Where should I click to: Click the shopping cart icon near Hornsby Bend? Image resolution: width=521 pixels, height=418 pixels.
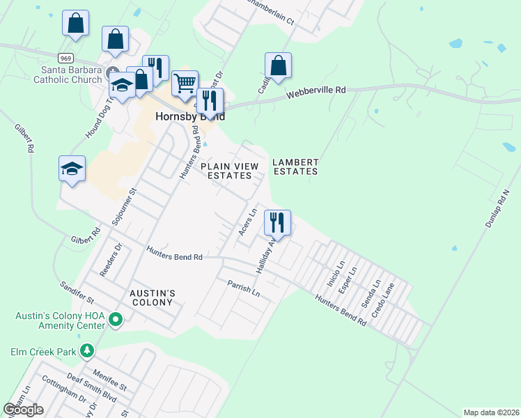185,84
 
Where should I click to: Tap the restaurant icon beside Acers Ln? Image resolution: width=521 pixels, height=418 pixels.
277,223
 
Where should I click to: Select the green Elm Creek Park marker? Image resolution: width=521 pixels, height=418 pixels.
86,350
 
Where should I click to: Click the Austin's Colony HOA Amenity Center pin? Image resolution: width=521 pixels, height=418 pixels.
116,320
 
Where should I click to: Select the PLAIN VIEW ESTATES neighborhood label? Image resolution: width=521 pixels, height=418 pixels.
230,171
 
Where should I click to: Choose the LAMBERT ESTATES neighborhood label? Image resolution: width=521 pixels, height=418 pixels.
295,167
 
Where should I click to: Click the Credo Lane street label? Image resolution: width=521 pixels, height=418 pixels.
383,300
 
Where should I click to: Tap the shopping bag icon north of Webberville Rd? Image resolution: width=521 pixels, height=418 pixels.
278,66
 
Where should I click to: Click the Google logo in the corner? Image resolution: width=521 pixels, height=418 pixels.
23,410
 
